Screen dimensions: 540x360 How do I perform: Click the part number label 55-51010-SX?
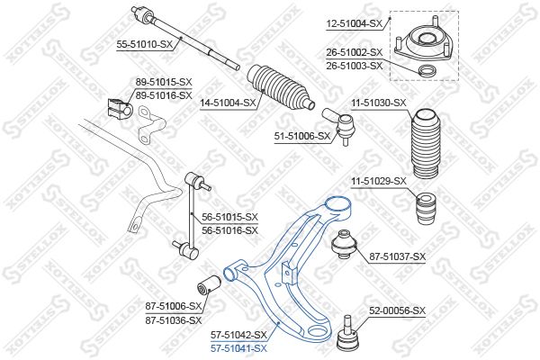coord(144,44)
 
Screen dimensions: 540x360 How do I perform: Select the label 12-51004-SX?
coord(355,23)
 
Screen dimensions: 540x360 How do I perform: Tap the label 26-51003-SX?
coord(355,66)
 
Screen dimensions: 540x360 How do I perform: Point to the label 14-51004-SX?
coord(229,103)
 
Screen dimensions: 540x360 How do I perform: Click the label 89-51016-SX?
coord(164,95)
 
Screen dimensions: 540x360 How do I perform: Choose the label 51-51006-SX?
coord(302,136)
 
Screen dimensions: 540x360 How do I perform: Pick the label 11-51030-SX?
coord(379,103)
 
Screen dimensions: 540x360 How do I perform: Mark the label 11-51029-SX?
coord(379,181)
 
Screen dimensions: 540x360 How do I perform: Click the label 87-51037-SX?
coord(398,256)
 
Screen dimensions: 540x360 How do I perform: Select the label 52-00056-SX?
coord(398,310)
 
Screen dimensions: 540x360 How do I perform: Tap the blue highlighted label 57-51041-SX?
coord(238,348)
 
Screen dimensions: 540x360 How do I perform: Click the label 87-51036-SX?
coord(173,320)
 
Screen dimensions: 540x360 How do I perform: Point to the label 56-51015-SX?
coord(229,217)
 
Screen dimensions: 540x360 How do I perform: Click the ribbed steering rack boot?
coord(280,87)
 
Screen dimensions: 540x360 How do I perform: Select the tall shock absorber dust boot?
coord(426,144)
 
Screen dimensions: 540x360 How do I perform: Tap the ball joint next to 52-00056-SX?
coord(347,331)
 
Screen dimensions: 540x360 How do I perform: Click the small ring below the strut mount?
coord(427,71)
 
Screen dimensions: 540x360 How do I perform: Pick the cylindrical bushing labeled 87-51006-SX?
coord(209,284)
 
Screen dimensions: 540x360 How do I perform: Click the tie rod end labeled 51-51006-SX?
coord(338,126)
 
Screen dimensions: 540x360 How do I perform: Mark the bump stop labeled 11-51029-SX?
coord(426,209)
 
